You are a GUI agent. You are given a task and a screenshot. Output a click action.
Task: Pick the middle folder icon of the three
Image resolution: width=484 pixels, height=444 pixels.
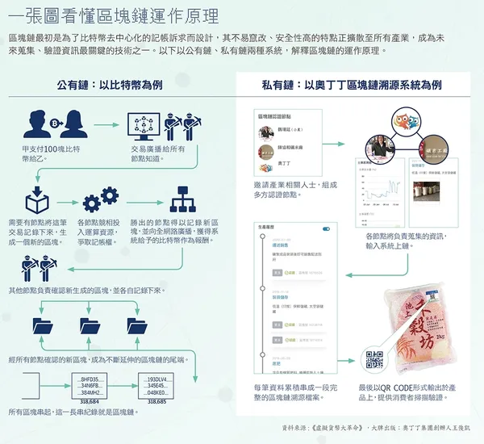click(x=90, y=325)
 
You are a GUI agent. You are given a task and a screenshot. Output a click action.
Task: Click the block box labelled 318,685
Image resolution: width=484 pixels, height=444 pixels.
click(x=156, y=386)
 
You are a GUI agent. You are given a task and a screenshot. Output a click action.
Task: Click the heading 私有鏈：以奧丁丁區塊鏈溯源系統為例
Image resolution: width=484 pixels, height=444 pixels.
click(x=351, y=84)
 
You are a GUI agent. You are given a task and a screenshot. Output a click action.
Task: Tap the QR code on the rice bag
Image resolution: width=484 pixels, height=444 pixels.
click(x=374, y=360)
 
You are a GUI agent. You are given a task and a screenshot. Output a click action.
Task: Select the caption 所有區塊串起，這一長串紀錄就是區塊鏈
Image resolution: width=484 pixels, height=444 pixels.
click(x=73, y=413)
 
